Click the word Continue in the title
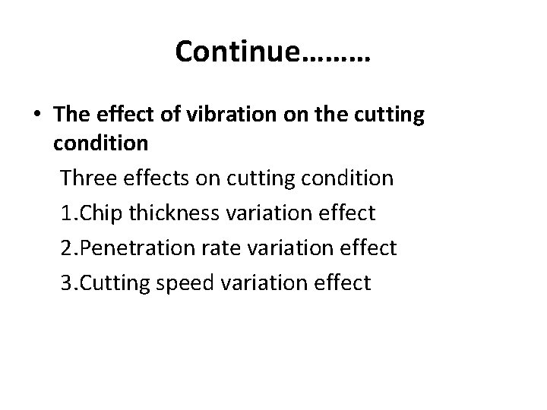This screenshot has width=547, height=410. coord(238,52)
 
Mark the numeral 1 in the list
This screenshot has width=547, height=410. coord(66,213)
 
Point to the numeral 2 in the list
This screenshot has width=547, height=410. coord(66,248)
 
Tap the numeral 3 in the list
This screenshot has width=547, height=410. coord(66,283)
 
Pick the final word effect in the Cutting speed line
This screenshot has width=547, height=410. coord(344,283)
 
